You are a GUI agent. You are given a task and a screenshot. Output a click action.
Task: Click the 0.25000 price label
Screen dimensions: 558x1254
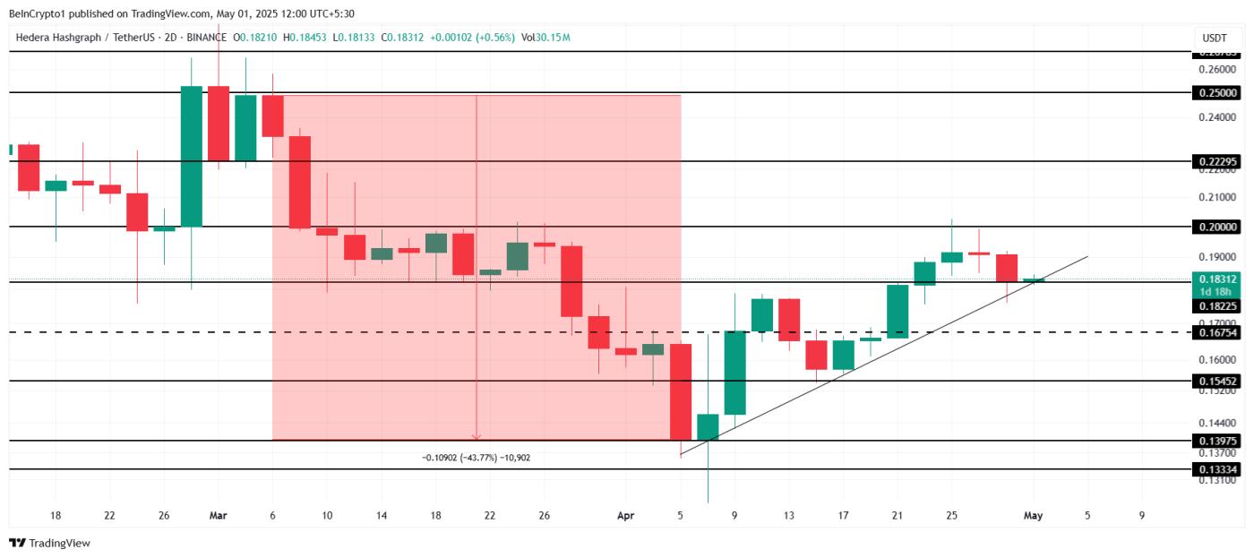point(1216,93)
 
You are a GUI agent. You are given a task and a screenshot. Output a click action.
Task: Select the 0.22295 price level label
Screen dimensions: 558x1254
point(1216,162)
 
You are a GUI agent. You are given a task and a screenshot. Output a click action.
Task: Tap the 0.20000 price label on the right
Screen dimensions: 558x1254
point(1216,227)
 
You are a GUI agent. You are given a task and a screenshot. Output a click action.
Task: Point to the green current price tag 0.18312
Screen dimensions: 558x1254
point(1216,279)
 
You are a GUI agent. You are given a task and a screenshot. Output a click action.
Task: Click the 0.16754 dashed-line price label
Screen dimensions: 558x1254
point(1216,333)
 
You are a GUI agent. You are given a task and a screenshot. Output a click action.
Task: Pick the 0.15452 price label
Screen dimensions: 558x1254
point(1216,382)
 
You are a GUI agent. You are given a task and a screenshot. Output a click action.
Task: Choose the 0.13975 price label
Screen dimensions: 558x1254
point(1216,441)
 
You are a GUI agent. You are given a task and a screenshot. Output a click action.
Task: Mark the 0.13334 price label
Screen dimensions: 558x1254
point(1216,469)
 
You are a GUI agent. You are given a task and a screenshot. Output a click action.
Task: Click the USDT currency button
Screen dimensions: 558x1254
point(1214,39)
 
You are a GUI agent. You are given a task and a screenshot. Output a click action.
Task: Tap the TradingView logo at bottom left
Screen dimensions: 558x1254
point(50,543)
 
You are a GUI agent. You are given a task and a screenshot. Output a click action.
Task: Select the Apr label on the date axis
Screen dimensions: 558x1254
point(626,516)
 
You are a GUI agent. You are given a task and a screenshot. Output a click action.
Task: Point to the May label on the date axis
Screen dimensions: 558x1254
point(1033,516)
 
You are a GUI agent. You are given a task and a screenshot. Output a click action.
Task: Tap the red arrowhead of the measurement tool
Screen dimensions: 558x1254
point(476,437)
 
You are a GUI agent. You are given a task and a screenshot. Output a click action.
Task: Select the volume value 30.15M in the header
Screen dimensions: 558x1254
point(553,38)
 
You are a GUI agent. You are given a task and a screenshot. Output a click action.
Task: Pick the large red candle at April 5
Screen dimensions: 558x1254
point(681,391)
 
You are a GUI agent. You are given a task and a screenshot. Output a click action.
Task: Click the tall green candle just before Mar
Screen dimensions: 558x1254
point(192,156)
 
